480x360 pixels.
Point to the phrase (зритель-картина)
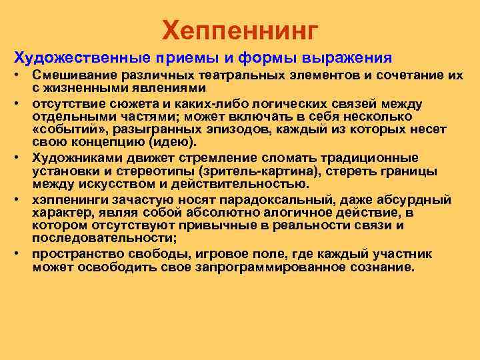(256, 171)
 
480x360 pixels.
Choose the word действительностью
(245, 183)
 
